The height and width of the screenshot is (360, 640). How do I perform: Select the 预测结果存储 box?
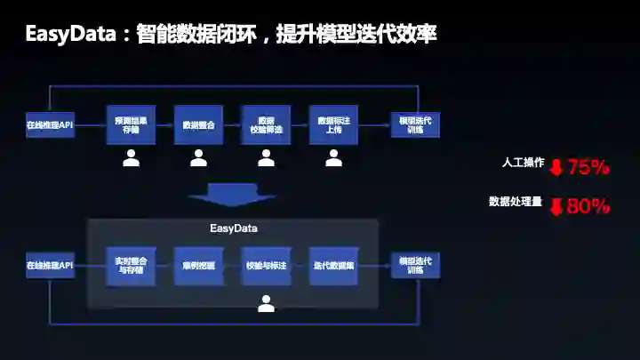pos(131,124)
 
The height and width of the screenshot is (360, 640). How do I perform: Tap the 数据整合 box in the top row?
pos(198,124)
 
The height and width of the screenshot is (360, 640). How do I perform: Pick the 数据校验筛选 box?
pos(266,124)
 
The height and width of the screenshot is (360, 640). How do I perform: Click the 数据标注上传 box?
pos(333,124)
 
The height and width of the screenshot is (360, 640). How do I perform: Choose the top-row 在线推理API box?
pos(50,124)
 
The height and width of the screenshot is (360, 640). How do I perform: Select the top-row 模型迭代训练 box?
pos(415,124)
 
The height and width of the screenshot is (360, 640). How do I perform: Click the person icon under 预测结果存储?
pos(131,158)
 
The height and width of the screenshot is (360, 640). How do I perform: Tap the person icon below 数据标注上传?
pos(333,158)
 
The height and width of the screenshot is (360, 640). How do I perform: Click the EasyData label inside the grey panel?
pos(234,228)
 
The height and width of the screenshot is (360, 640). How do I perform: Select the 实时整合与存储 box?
pos(131,266)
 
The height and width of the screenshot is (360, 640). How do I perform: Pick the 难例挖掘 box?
pos(198,266)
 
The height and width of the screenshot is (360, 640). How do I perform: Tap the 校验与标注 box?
pos(266,266)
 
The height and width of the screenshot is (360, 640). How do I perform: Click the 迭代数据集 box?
pos(333,266)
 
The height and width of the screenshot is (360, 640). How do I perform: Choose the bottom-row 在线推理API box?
pos(50,265)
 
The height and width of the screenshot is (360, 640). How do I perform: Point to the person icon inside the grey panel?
pos(266,303)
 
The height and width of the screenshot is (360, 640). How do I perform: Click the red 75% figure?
pos(588,166)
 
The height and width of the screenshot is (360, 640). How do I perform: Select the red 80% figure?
pos(588,206)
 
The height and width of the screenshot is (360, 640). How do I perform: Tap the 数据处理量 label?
pos(515,202)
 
